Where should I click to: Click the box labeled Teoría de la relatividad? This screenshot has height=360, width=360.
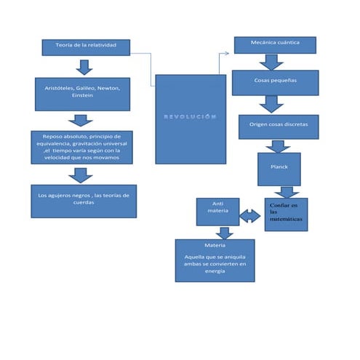point(86,47)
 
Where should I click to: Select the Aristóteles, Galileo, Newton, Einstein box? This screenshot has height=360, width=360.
point(81,93)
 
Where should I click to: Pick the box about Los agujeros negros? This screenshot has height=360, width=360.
point(84,200)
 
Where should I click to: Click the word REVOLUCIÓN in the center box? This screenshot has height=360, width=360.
point(191,116)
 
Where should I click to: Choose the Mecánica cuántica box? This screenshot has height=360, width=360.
point(275,45)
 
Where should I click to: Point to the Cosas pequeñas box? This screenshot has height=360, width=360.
point(275,82)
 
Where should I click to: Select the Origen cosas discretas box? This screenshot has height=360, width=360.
point(278,125)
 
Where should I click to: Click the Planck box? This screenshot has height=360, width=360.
point(279,168)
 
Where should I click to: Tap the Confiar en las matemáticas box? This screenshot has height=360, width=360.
point(286,214)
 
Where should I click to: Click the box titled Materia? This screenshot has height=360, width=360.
point(215,260)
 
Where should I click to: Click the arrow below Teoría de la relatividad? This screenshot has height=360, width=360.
point(85,67)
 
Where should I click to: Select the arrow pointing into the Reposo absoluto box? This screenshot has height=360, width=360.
point(80,121)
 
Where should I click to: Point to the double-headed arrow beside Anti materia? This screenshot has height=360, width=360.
point(250,216)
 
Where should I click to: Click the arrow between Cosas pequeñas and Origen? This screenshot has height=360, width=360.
point(272,105)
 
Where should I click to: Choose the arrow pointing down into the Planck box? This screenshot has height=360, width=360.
point(278,145)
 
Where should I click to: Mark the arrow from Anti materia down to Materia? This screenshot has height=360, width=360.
point(225,233)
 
